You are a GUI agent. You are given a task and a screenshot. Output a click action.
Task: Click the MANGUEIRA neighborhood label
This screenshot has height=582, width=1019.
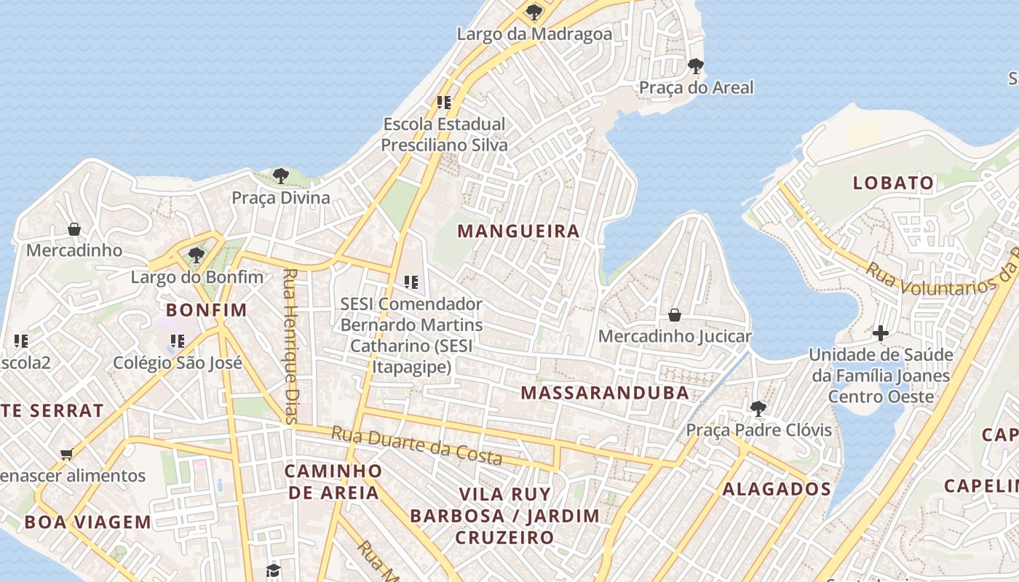[x=518, y=231]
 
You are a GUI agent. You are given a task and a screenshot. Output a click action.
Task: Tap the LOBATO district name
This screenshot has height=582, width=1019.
[x=893, y=183]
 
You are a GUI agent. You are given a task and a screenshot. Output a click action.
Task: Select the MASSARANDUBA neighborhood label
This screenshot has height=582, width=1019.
[x=605, y=393]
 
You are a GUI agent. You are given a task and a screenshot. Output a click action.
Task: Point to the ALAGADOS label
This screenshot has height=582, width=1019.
[x=777, y=489]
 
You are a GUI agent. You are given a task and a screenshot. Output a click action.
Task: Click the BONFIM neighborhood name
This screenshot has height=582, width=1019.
[x=207, y=310]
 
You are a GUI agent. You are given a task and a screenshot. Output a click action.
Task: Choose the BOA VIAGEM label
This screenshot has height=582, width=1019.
[x=87, y=522]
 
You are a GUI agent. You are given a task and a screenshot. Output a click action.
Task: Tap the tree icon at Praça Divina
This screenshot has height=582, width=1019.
[x=281, y=175]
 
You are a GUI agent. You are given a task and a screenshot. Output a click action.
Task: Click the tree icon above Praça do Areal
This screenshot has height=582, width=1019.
[x=696, y=66]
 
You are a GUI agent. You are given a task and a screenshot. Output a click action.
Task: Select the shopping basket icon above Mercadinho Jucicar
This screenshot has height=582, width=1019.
[x=675, y=315]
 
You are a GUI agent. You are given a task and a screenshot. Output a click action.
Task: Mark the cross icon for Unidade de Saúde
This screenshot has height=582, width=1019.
[x=881, y=333]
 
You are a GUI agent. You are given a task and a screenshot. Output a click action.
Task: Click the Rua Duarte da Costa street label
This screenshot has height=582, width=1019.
[x=417, y=445]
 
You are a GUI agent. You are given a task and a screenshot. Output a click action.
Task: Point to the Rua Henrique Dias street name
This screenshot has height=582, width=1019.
[x=290, y=346]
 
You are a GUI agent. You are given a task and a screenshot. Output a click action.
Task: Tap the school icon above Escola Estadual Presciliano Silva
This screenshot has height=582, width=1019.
[x=444, y=102]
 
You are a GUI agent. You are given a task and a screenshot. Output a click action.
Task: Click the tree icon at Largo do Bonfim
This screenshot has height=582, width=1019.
[x=196, y=255]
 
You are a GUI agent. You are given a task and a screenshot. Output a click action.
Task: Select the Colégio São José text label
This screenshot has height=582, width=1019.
[x=178, y=362]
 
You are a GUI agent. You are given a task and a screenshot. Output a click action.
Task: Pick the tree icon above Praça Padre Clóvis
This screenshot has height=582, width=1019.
[x=758, y=408]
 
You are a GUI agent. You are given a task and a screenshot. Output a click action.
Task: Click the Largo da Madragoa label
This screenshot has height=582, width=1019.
[x=534, y=33]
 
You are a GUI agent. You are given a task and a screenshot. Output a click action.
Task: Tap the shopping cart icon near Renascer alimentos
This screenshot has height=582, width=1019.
[x=66, y=455]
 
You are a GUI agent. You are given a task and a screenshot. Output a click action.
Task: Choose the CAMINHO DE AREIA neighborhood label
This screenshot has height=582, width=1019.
[x=333, y=482]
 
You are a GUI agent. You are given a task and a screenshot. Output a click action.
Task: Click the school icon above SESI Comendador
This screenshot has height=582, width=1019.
[x=411, y=282]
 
